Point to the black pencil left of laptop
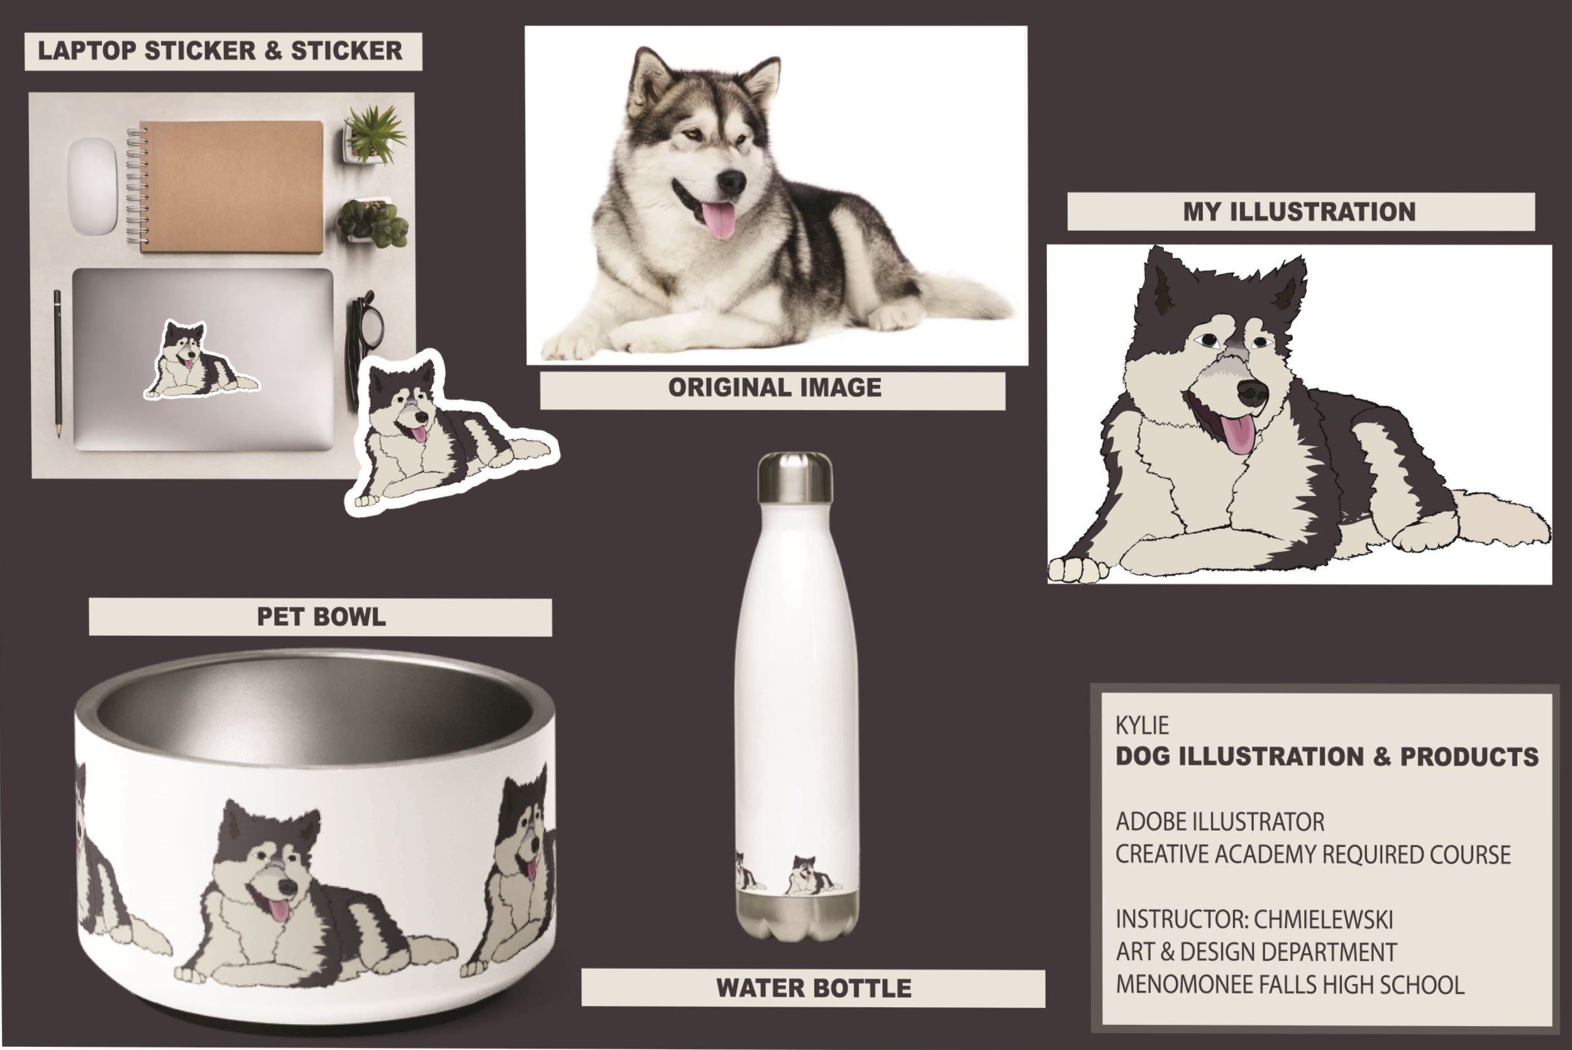click(x=58, y=363)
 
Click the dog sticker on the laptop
click(x=200, y=361)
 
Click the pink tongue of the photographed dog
click(x=717, y=221)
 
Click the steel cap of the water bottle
click(x=795, y=477)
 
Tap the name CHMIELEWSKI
click(x=1323, y=920)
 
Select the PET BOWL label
click(x=321, y=617)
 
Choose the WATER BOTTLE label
click(x=814, y=988)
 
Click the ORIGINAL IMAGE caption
click(x=775, y=388)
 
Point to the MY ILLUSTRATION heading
click(x=1300, y=213)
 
